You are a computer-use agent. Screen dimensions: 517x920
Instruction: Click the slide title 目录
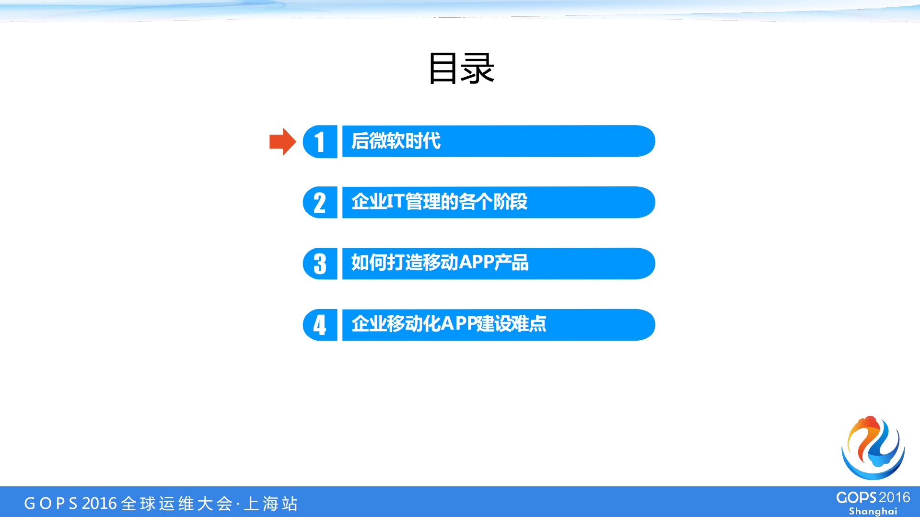click(461, 69)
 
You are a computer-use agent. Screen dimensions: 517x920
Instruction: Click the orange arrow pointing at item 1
click(282, 142)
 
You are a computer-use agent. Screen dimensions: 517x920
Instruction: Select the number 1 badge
click(320, 142)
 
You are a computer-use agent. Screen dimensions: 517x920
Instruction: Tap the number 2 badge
click(320, 203)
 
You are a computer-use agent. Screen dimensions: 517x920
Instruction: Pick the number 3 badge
click(320, 264)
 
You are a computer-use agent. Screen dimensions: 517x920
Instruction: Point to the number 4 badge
click(320, 325)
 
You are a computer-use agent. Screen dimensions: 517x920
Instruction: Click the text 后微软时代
click(396, 141)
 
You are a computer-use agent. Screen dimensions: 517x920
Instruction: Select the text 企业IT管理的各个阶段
click(439, 202)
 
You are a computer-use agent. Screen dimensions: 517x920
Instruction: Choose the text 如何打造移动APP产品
click(440, 263)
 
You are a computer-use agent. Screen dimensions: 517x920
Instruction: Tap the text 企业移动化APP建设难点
click(449, 324)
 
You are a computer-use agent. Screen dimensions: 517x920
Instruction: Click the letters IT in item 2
click(395, 202)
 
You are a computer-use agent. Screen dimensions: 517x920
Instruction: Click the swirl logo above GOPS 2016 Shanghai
click(873, 448)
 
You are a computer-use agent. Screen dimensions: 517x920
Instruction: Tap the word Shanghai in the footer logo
click(873, 511)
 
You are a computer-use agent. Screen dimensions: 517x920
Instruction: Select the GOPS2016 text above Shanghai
click(873, 498)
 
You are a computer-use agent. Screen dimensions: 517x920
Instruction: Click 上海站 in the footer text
click(271, 504)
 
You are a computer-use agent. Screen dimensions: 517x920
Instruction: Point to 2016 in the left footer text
click(99, 504)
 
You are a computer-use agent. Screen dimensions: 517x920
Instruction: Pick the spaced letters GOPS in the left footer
click(50, 504)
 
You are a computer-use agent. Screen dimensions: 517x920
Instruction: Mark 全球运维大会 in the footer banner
click(177, 504)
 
